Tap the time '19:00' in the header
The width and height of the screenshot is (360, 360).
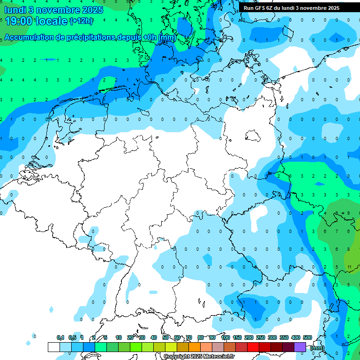(x=19, y=21)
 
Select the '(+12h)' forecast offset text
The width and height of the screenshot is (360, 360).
(x=81, y=21)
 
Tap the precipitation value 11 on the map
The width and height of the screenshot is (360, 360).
(x=350, y=267)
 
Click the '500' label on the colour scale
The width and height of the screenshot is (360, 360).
(x=307, y=337)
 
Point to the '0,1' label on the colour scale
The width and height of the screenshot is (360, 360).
(x=60, y=337)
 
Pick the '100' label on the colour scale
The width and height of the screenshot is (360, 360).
(x=225, y=337)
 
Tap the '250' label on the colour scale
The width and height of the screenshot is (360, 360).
(x=261, y=337)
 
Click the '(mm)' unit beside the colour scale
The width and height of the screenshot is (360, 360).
(x=317, y=348)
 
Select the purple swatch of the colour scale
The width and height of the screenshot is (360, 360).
(x=300, y=347)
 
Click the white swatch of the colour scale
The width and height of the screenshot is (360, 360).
(x=54, y=347)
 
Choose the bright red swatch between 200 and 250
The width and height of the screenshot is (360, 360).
(x=253, y=347)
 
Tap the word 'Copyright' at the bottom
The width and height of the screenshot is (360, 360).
(x=177, y=357)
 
